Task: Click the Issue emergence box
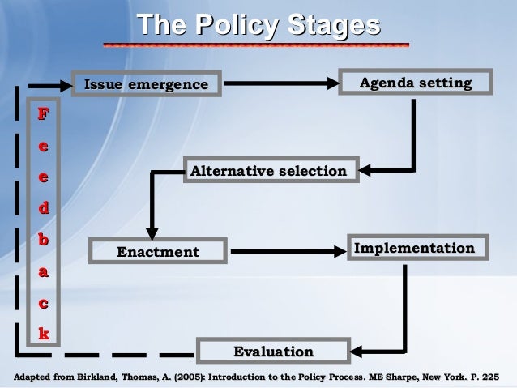pos(146,85)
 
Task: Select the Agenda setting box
pos(416,84)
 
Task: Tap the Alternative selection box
pos(268,172)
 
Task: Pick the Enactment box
pos(157,253)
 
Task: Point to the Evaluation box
pos(273,352)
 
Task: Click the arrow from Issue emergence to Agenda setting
pos(284,83)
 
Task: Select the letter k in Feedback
pos(44,333)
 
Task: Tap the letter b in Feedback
pos(44,240)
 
